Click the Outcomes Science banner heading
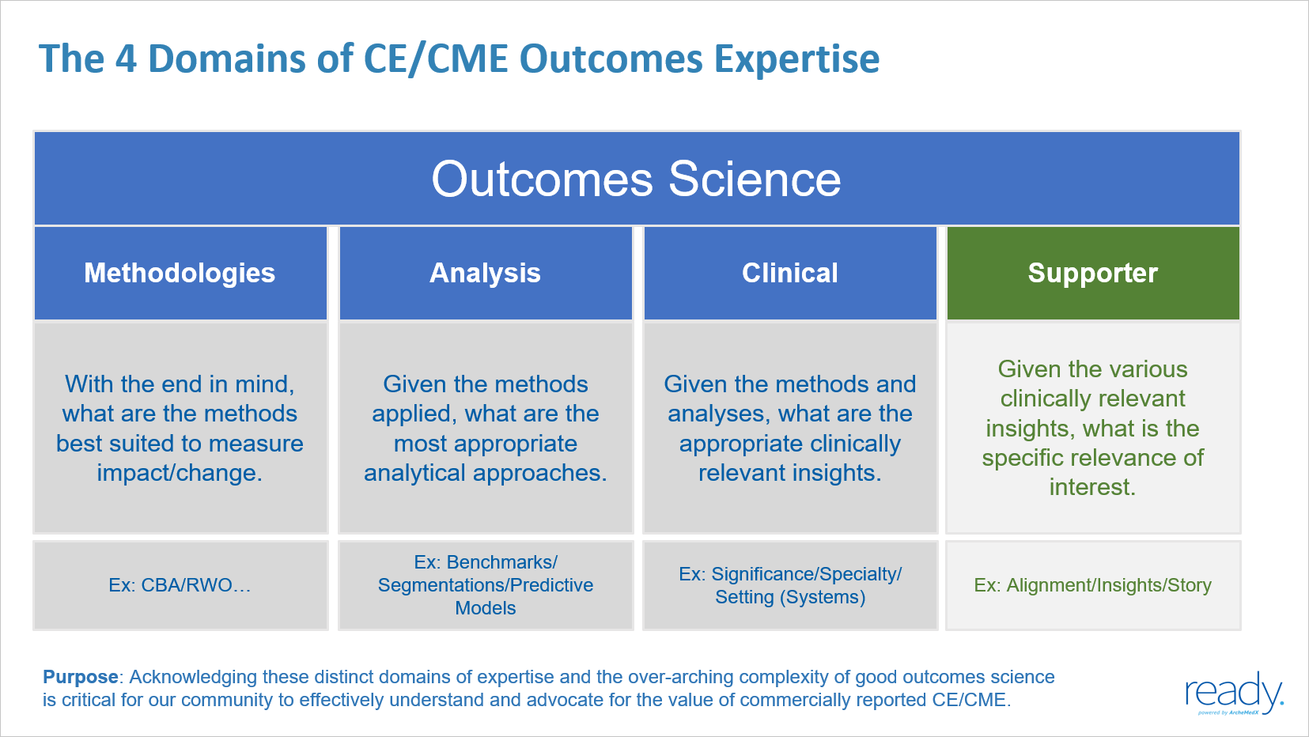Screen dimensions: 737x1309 click(636, 180)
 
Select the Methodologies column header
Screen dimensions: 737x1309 click(180, 274)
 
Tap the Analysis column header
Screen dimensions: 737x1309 click(485, 274)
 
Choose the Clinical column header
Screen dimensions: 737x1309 click(789, 274)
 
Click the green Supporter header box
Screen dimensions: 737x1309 click(1092, 274)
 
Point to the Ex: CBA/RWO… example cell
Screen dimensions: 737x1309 click(180, 585)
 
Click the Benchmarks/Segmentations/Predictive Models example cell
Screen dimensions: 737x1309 click(485, 585)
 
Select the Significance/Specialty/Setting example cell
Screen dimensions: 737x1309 click(789, 585)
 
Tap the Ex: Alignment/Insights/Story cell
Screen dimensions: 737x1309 click(1092, 585)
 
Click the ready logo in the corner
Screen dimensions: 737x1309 click(1233, 694)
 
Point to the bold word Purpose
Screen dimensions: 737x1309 click(81, 677)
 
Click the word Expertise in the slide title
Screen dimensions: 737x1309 click(796, 59)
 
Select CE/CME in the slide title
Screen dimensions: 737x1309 click(435, 59)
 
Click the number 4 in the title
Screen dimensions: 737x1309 click(127, 59)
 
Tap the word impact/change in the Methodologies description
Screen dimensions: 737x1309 click(180, 473)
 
